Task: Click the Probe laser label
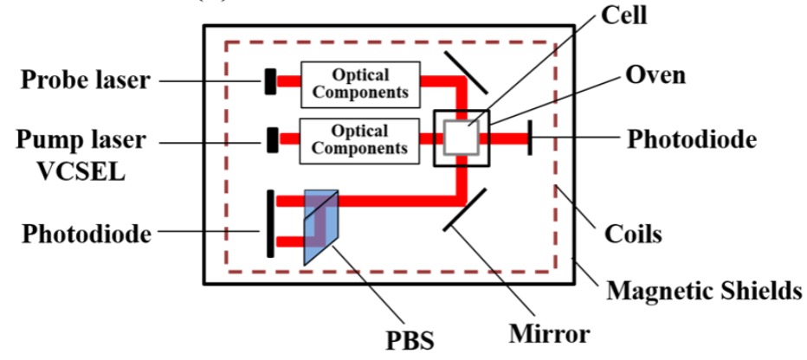tap(86, 80)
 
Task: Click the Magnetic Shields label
tap(704, 289)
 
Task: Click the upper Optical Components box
tap(360, 83)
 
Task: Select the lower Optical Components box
tap(359, 138)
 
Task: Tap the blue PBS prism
tap(319, 226)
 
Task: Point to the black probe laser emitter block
tap(271, 81)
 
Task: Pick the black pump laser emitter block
tap(273, 138)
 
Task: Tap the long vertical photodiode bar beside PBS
tap(271, 223)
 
